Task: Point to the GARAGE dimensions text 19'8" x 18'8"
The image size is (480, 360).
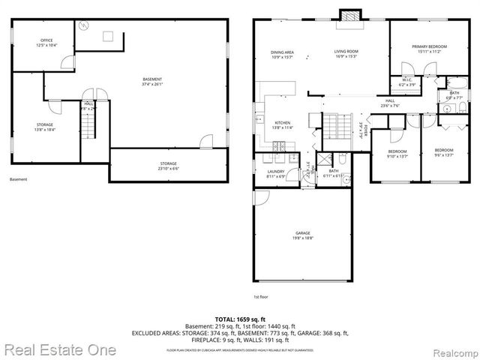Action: point(303,237)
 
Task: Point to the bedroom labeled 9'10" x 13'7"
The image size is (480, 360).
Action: point(397,154)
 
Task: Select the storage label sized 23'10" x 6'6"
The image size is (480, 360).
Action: point(168,165)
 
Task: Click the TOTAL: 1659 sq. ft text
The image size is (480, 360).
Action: point(239,319)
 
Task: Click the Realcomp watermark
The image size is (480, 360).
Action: point(453,350)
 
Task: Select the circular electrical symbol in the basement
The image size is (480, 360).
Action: point(85,25)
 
